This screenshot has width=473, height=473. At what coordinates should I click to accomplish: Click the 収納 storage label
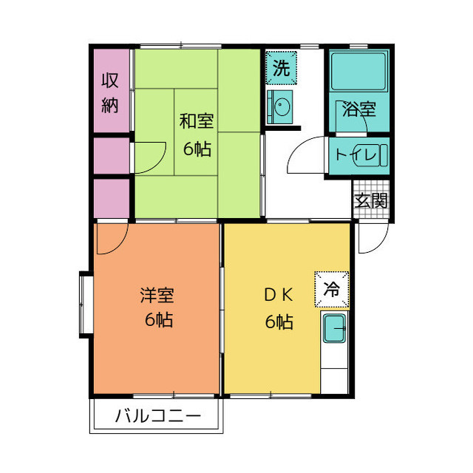tap(110, 92)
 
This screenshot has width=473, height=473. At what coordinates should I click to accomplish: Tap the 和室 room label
tap(197, 120)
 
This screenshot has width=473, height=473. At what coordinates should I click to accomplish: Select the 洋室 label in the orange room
tap(157, 296)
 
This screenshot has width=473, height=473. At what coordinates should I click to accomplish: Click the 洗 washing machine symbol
tap(281, 69)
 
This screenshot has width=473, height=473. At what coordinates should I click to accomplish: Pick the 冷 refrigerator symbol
tap(332, 289)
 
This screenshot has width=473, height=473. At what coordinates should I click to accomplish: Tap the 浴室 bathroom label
tap(358, 110)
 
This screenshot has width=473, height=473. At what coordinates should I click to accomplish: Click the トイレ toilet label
tap(358, 155)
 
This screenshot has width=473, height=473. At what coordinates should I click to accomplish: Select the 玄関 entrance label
tap(370, 200)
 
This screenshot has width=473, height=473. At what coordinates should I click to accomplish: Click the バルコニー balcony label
tap(157, 417)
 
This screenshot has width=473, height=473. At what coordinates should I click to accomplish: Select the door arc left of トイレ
tap(307, 155)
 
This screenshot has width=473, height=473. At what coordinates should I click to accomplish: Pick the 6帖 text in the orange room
tap(157, 321)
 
